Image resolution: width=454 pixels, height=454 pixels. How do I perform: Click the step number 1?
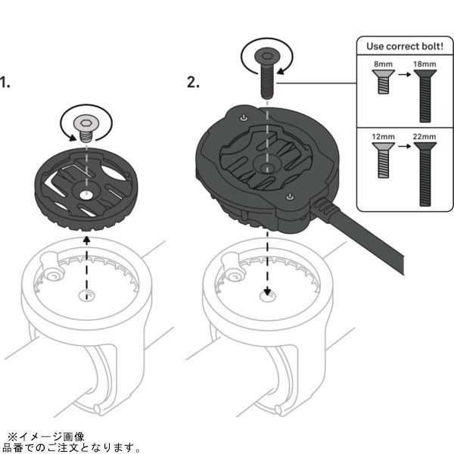[5, 82]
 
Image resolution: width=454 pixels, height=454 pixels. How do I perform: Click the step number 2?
[193, 82]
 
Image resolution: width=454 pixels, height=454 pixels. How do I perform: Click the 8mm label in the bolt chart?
[383, 64]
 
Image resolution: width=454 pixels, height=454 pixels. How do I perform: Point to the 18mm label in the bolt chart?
[424, 64]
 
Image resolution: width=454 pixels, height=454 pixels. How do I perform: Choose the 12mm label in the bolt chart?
[383, 136]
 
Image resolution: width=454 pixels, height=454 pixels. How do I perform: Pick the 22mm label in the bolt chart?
[424, 136]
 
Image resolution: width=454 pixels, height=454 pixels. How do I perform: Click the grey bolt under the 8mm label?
[384, 82]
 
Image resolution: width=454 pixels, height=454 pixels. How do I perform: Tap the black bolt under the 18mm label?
[425, 96]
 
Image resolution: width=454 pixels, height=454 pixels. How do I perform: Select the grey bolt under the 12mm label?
[384, 160]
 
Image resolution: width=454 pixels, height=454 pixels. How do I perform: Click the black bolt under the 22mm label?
[425, 174]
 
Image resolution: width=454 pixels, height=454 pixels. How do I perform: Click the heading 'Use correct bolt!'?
[405, 46]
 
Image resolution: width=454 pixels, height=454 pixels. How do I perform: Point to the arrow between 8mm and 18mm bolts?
[405, 74]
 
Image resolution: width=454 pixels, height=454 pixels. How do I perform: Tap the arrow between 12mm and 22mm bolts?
[405, 146]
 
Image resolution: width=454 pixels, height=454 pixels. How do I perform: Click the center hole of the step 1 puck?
[86, 195]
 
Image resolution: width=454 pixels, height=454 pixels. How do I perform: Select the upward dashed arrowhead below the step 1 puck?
[86, 240]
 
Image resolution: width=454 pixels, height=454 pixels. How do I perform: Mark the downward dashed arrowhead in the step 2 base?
[267, 291]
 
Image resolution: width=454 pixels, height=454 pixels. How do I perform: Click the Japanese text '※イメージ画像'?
[46, 437]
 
